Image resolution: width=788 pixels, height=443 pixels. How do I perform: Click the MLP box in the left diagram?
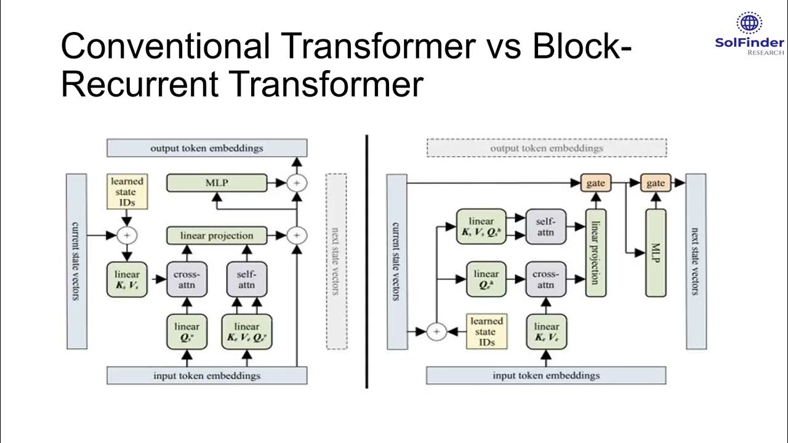point(217,183)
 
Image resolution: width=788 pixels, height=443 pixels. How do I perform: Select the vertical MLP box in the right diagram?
point(655,253)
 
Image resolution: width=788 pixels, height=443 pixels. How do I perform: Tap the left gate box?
point(595,183)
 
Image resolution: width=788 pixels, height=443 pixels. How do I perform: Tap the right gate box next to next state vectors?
point(655,183)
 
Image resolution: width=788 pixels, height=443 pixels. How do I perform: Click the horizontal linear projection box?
point(217,236)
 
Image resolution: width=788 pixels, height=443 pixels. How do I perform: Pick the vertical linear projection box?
point(595,253)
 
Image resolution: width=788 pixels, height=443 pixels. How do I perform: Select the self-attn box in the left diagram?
point(246,279)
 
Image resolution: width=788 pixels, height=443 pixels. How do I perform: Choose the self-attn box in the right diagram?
point(545,226)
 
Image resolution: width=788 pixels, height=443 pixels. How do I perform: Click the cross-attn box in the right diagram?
point(545,279)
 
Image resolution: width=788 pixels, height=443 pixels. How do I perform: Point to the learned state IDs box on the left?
point(127,191)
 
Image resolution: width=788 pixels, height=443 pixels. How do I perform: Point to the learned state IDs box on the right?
point(486,332)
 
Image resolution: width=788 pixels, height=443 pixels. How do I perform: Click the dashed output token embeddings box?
point(546,148)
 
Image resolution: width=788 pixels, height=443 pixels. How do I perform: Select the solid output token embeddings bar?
point(206,148)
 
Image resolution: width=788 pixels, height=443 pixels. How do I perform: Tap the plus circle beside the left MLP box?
point(297,183)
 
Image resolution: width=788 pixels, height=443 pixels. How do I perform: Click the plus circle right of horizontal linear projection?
point(297,236)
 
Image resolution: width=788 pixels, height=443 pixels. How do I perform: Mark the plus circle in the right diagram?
point(436,332)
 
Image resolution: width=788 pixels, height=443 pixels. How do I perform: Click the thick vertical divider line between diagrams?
point(367,261)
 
